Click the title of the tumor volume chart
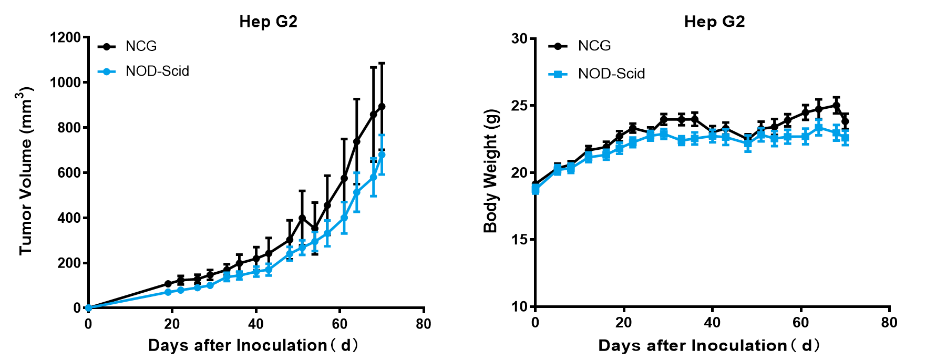[x=268, y=22]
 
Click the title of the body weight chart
[x=714, y=22]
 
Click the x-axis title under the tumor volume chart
[x=253, y=345]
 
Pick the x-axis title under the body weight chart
[x=709, y=345]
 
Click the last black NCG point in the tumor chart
[x=382, y=107]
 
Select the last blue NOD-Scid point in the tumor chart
[x=382, y=155]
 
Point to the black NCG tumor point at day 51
[x=302, y=218]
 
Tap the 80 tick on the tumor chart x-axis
[x=424, y=324]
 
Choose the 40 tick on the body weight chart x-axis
[x=712, y=322]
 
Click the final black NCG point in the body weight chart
[x=845, y=121]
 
